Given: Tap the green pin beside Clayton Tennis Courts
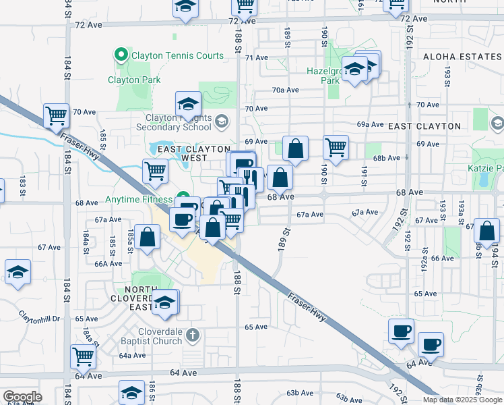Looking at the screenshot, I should (x=122, y=55).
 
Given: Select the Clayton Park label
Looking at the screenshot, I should (x=134, y=80).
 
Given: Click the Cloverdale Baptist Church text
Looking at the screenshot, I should (x=151, y=341).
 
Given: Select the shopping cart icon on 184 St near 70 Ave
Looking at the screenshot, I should (x=57, y=115).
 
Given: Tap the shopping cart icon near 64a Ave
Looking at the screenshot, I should (x=84, y=356).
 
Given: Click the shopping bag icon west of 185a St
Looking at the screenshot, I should (x=148, y=238).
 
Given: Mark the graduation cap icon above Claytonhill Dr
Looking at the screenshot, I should (x=18, y=273).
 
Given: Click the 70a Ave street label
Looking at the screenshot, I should (x=285, y=90).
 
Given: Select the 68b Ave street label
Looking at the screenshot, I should (x=386, y=158).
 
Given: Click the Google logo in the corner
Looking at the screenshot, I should (x=22, y=397).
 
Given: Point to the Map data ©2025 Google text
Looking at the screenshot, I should (x=462, y=400).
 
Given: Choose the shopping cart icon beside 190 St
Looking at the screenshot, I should (x=336, y=146).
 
